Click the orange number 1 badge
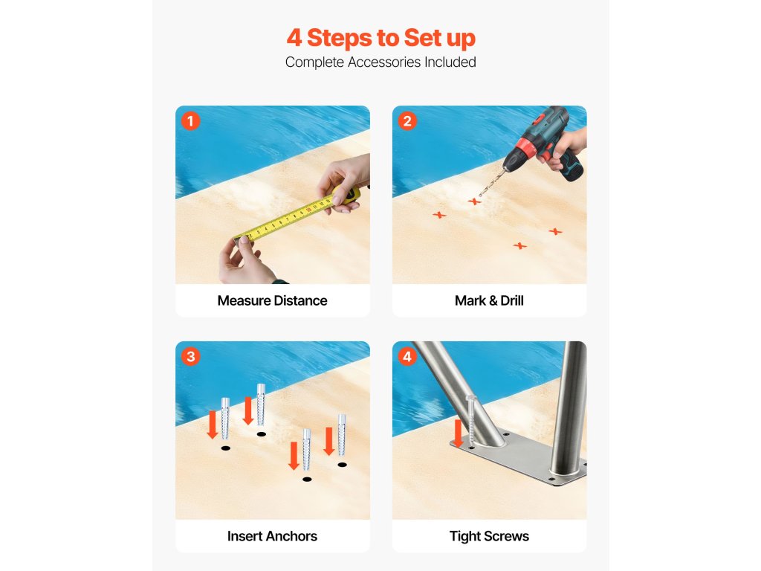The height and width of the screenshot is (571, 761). (x=190, y=121)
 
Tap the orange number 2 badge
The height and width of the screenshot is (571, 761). (x=407, y=121)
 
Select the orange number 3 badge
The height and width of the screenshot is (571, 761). (x=190, y=356)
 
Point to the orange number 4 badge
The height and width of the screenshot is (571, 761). (x=407, y=356)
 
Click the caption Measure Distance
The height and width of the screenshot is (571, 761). (x=272, y=300)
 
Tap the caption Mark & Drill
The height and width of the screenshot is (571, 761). (x=489, y=300)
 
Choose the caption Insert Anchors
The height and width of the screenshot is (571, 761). (x=272, y=536)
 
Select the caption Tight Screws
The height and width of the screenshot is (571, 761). (x=489, y=536)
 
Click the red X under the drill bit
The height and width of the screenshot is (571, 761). (x=474, y=201)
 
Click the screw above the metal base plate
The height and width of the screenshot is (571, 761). (x=470, y=419)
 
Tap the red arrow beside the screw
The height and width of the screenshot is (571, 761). (x=458, y=433)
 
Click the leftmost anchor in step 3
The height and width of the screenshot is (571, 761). (x=225, y=419)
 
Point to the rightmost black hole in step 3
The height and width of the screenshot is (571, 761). (x=342, y=465)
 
